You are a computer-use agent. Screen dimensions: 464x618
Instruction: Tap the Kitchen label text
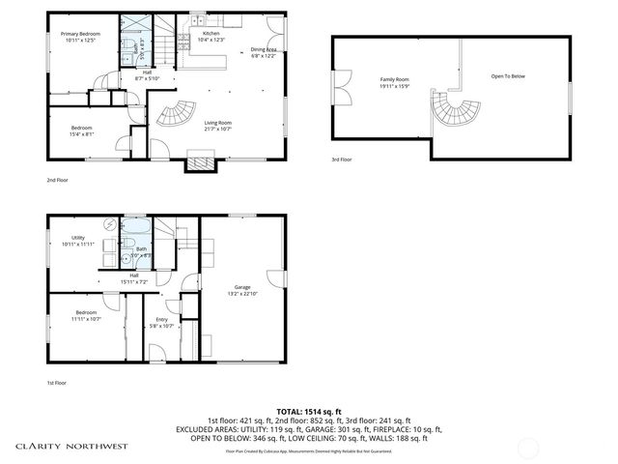click(x=211, y=34)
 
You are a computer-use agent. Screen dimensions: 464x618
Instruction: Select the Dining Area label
click(x=263, y=49)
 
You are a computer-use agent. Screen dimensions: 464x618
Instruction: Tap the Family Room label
click(x=394, y=81)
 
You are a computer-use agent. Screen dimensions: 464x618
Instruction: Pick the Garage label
click(x=241, y=286)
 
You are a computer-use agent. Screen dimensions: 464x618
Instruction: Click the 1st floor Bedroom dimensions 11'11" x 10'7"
click(x=86, y=319)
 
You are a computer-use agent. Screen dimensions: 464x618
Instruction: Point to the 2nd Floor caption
click(x=58, y=180)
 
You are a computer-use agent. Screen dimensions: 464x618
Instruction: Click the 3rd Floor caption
click(x=342, y=159)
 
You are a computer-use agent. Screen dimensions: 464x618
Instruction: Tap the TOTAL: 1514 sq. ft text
click(x=308, y=411)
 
